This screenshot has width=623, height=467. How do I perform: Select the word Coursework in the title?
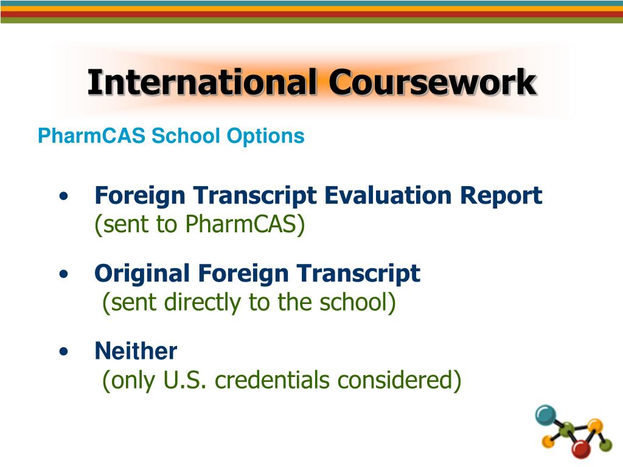click(433, 83)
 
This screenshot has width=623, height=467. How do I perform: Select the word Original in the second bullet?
click(142, 274)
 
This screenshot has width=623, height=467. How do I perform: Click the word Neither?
click(136, 351)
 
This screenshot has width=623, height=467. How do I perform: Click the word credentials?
click(274, 381)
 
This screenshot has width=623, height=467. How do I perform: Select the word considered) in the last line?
click(400, 381)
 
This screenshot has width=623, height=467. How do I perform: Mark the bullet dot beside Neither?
click(64, 352)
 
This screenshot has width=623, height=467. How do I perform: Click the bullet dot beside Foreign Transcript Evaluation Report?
click(64, 197)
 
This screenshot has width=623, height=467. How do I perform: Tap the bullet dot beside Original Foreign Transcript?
click(64, 275)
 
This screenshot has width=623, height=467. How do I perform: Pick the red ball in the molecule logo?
click(582, 449)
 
